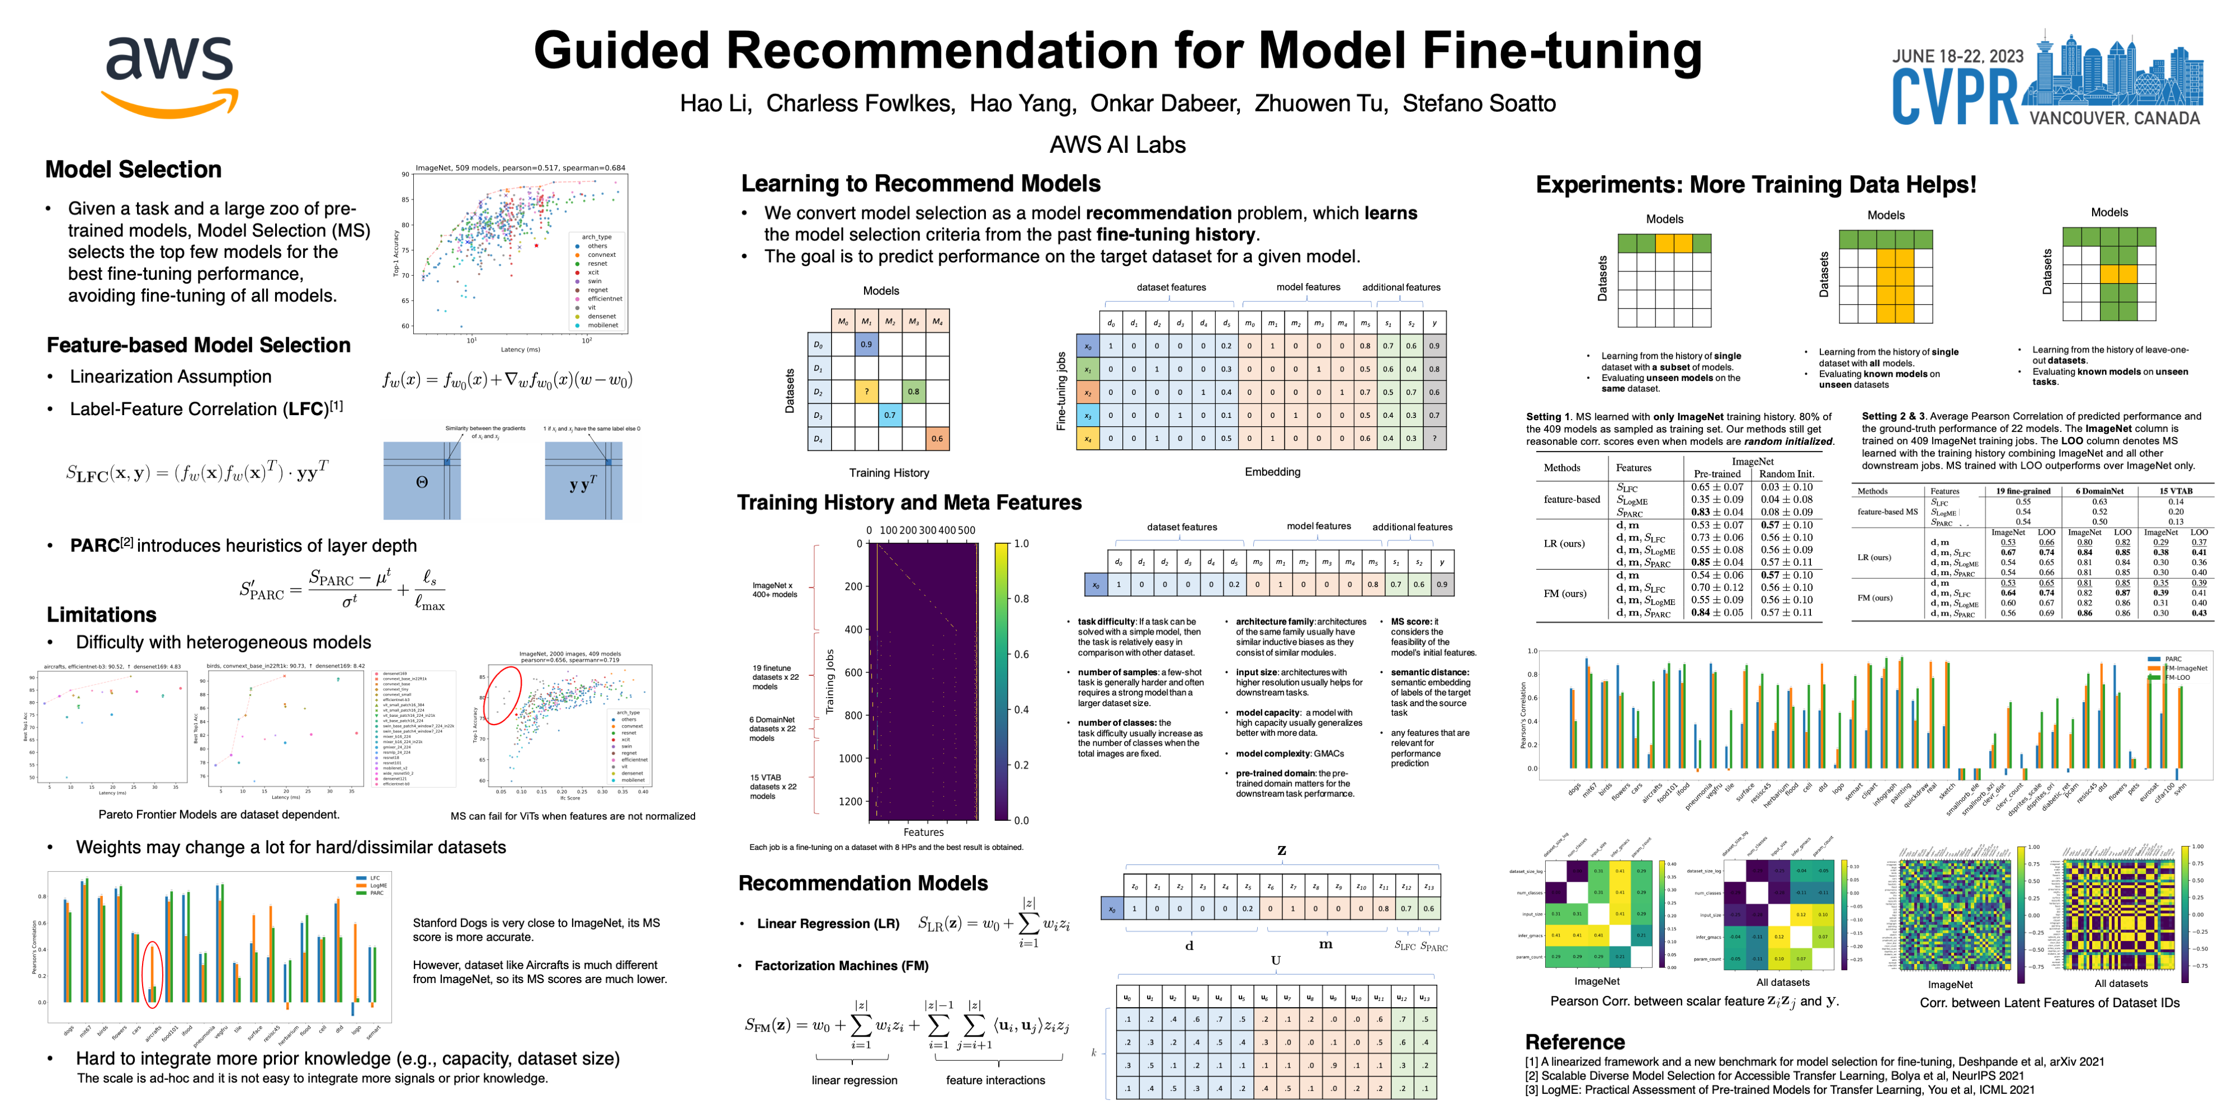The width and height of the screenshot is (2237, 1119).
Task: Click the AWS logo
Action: coord(170,77)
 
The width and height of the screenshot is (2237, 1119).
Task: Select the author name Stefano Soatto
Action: coord(1478,104)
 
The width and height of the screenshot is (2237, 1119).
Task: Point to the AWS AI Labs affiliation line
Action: coord(1117,144)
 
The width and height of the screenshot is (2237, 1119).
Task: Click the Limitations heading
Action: coord(102,614)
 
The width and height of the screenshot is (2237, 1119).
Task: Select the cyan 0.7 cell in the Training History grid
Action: coord(889,415)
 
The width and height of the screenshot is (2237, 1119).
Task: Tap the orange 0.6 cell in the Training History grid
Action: coord(937,439)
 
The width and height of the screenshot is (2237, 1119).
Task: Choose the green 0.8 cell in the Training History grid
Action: coord(914,392)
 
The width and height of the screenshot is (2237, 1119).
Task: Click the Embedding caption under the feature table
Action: coord(1272,472)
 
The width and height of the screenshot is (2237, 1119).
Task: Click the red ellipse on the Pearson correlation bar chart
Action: coord(152,974)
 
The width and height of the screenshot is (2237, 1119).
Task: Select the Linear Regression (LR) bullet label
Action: coord(828,924)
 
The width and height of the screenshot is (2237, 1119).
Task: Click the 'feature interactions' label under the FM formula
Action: coord(995,1080)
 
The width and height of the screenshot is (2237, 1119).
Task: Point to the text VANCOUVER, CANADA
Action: coord(2114,118)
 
